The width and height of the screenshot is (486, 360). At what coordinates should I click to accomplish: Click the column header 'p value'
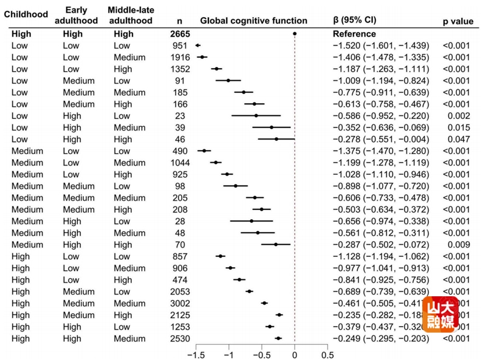(457, 21)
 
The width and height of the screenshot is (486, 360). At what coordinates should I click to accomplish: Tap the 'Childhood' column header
(26, 14)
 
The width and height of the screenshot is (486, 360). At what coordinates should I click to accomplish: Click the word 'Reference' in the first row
(354, 34)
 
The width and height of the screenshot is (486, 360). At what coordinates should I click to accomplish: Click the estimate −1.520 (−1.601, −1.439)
(380, 46)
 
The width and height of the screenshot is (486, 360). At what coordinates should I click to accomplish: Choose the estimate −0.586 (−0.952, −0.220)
(380, 115)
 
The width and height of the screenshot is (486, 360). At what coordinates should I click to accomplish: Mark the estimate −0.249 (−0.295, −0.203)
(380, 338)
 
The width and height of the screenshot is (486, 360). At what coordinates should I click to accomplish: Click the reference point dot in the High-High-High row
(295, 34)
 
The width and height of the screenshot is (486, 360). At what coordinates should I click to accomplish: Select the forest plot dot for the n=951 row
(197, 46)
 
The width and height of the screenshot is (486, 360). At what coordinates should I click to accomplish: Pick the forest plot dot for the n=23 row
(256, 115)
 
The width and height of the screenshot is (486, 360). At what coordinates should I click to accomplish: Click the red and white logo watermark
(440, 314)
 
